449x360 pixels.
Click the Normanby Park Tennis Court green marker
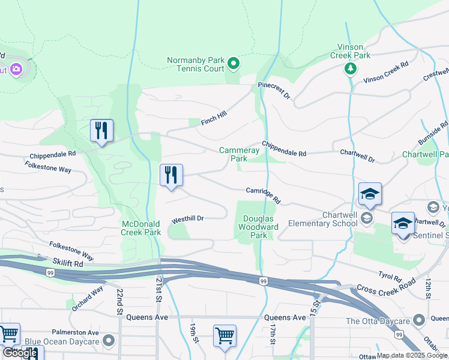pyautogui.click(x=234, y=62)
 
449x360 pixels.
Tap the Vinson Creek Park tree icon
pyautogui.click(x=351, y=69)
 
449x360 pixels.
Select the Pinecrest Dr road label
pyautogui.click(x=274, y=91)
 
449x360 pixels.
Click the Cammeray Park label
pyautogui.click(x=239, y=155)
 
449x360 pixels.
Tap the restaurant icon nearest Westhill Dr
pyautogui.click(x=172, y=175)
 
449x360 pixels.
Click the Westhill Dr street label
pyautogui.click(x=188, y=220)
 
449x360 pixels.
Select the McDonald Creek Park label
pyautogui.click(x=141, y=228)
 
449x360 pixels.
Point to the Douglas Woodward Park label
pyautogui.click(x=258, y=227)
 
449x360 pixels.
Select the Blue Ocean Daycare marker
pyautogui.click(x=108, y=341)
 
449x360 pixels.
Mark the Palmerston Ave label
pyautogui.click(x=74, y=332)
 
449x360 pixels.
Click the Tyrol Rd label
pyautogui.click(x=390, y=277)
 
